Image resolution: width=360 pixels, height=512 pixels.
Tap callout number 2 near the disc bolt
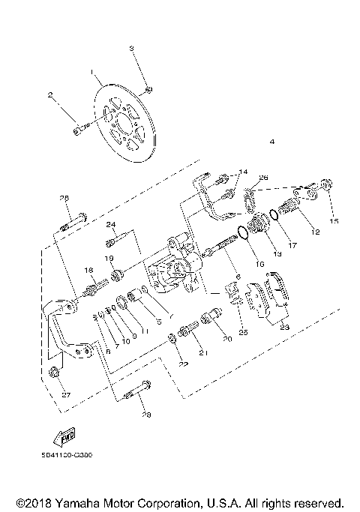pyautogui.click(x=51, y=95)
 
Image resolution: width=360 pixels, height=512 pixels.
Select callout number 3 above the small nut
pyautogui.click(x=132, y=48)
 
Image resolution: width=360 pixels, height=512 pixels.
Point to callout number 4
pyautogui.click(x=271, y=142)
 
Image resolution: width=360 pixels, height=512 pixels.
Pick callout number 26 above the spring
pyautogui.click(x=263, y=178)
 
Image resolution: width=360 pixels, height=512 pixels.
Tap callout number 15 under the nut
pyautogui.click(x=334, y=220)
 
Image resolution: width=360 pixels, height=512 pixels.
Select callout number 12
pyautogui.click(x=315, y=233)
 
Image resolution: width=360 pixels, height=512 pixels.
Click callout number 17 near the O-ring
pyautogui.click(x=292, y=244)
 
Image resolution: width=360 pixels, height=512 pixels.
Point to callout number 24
pyautogui.click(x=111, y=224)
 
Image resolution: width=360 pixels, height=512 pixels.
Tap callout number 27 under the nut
pyautogui.click(x=64, y=394)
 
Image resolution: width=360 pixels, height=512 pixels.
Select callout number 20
pyautogui.click(x=226, y=339)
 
